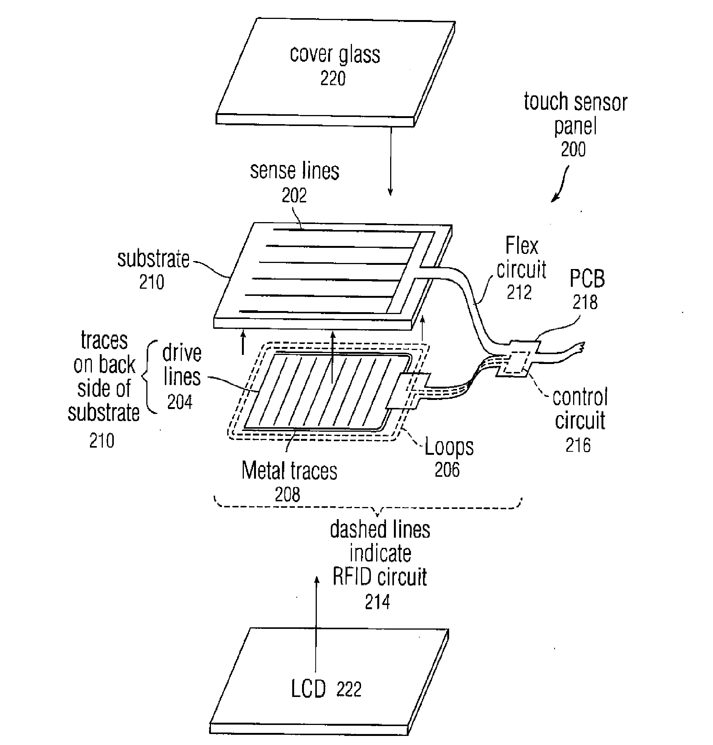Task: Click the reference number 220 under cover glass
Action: (x=333, y=78)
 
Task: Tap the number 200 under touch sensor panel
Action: (x=573, y=149)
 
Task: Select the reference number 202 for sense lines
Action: (x=294, y=195)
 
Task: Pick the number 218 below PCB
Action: (x=585, y=302)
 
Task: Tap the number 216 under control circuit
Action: (x=578, y=445)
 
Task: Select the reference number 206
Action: (x=447, y=470)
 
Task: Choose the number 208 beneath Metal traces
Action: (x=287, y=495)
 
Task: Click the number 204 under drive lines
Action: (x=180, y=402)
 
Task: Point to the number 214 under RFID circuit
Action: (x=377, y=602)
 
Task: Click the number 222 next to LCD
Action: (x=348, y=689)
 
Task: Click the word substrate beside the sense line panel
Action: (x=153, y=259)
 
